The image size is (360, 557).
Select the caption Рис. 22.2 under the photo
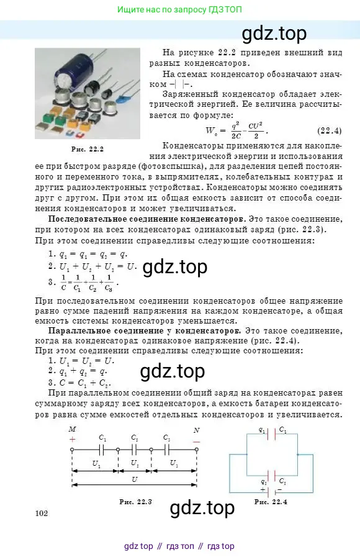(x=87, y=149)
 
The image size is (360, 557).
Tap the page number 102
(x=42, y=512)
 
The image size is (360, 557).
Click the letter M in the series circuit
(x=72, y=429)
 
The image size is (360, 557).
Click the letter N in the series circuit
(x=197, y=429)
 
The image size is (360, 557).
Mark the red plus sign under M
(x=72, y=440)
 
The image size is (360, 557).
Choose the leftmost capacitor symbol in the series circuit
(x=102, y=450)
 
